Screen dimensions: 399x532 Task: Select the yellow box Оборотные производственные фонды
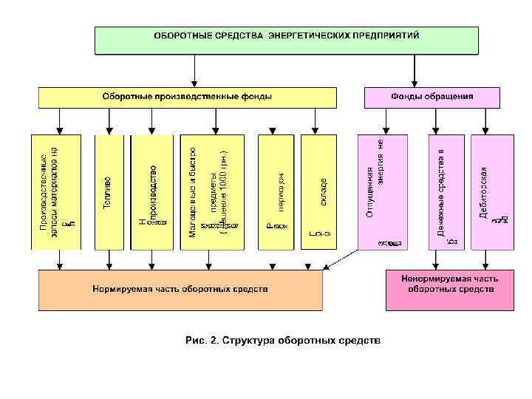point(187,98)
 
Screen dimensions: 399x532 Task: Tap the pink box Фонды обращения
point(432,98)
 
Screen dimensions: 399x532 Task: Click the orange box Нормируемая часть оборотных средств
point(180,289)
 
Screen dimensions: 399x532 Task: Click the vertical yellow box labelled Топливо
point(109,191)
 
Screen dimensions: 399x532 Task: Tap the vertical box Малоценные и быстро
point(213,191)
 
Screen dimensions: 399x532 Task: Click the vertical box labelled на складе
point(318,191)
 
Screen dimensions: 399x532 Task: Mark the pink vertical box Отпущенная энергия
point(381,191)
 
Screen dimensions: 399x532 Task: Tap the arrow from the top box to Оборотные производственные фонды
point(194,71)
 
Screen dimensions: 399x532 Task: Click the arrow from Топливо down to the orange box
point(109,259)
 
